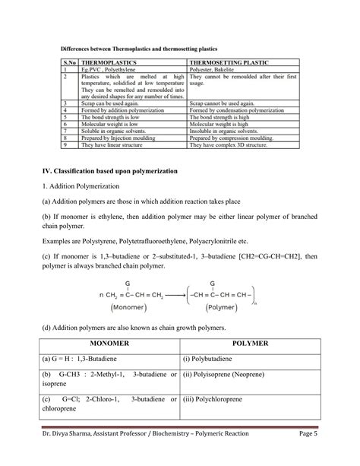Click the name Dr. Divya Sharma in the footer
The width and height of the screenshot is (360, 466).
(73, 454)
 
